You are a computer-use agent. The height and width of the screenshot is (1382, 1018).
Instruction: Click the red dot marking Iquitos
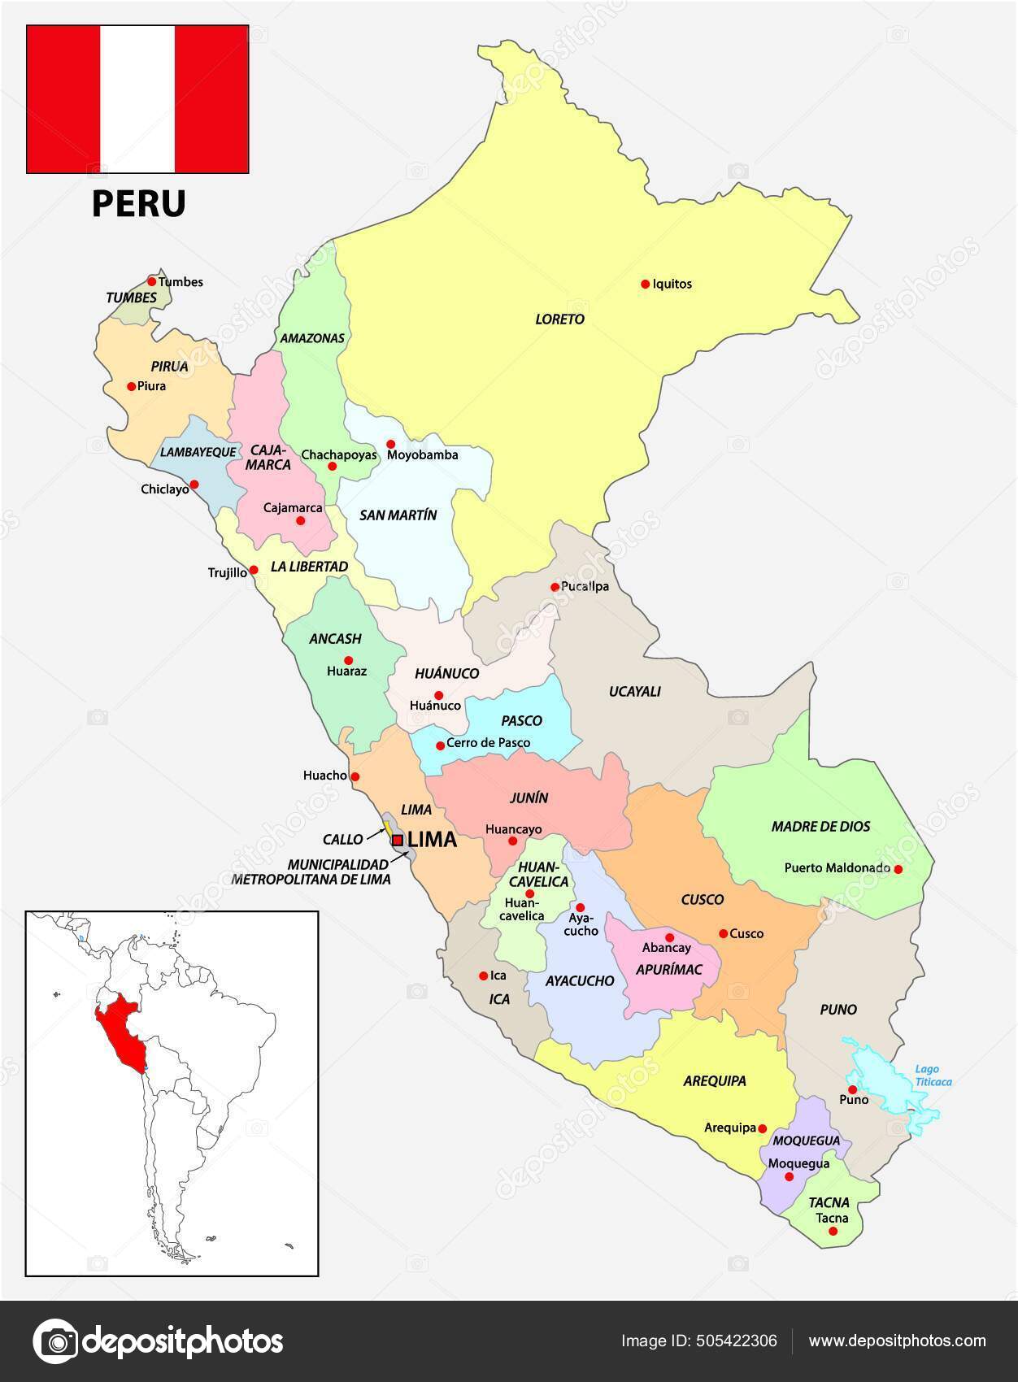645,284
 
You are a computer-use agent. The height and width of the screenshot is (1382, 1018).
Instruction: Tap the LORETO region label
559,319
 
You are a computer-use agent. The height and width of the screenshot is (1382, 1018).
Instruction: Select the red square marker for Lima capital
398,841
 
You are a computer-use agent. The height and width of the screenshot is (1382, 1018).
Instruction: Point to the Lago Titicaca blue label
933,1076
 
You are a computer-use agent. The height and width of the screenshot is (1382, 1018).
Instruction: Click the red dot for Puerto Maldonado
898,868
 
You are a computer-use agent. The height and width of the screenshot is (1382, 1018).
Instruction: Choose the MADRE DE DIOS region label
820,827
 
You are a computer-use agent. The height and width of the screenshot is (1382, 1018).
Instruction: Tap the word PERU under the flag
138,203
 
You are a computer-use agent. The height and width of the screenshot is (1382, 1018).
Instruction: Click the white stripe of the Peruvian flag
137,98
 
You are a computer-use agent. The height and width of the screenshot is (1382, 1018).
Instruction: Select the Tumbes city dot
151,281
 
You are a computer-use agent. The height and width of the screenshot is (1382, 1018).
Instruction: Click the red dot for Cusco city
723,933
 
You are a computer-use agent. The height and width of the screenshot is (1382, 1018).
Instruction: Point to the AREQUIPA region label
715,1080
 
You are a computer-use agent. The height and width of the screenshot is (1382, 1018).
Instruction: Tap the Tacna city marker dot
833,1231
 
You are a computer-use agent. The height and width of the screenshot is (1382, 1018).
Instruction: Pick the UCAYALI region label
635,692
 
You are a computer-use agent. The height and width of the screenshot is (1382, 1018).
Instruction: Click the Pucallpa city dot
555,586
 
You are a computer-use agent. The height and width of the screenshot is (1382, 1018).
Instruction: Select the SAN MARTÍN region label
398,515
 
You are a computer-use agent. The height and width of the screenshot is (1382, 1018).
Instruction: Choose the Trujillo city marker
254,570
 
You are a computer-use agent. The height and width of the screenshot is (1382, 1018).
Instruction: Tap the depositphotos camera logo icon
55,1341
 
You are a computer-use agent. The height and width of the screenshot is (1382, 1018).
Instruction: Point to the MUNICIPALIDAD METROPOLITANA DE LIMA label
311,871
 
